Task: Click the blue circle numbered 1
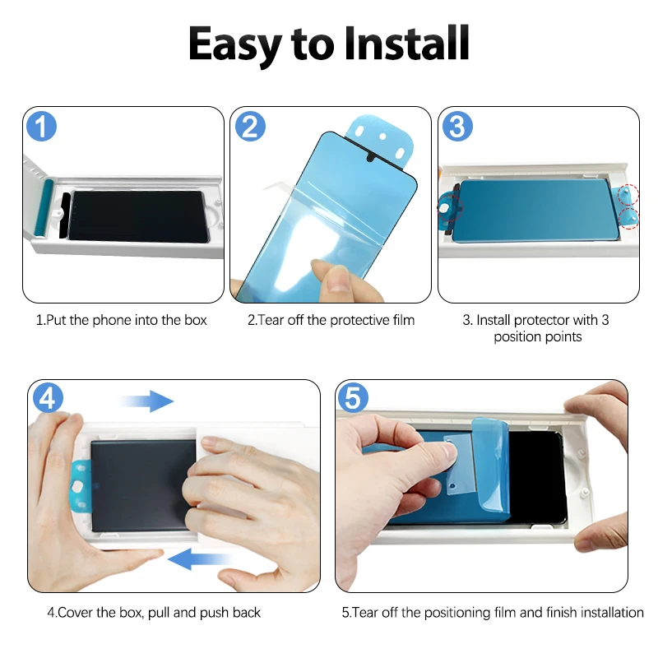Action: pos(42,127)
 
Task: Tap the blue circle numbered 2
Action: pos(250,127)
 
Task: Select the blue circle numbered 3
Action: pos(457,127)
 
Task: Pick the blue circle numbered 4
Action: pos(48,397)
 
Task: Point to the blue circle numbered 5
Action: pos(353,397)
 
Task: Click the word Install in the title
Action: pos(406,44)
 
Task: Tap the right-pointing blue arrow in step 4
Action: pos(148,401)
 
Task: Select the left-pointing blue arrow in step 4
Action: pos(200,558)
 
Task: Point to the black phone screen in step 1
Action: pos(137,216)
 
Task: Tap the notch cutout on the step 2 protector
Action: pos(372,157)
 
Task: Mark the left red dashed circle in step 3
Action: pos(450,207)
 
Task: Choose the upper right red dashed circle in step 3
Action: pos(628,194)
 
